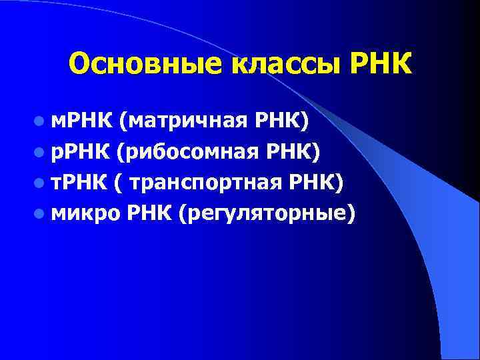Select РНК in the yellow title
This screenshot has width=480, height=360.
[x=378, y=64]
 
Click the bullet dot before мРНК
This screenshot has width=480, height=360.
[x=41, y=122]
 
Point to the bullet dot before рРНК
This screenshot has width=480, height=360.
[x=41, y=153]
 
